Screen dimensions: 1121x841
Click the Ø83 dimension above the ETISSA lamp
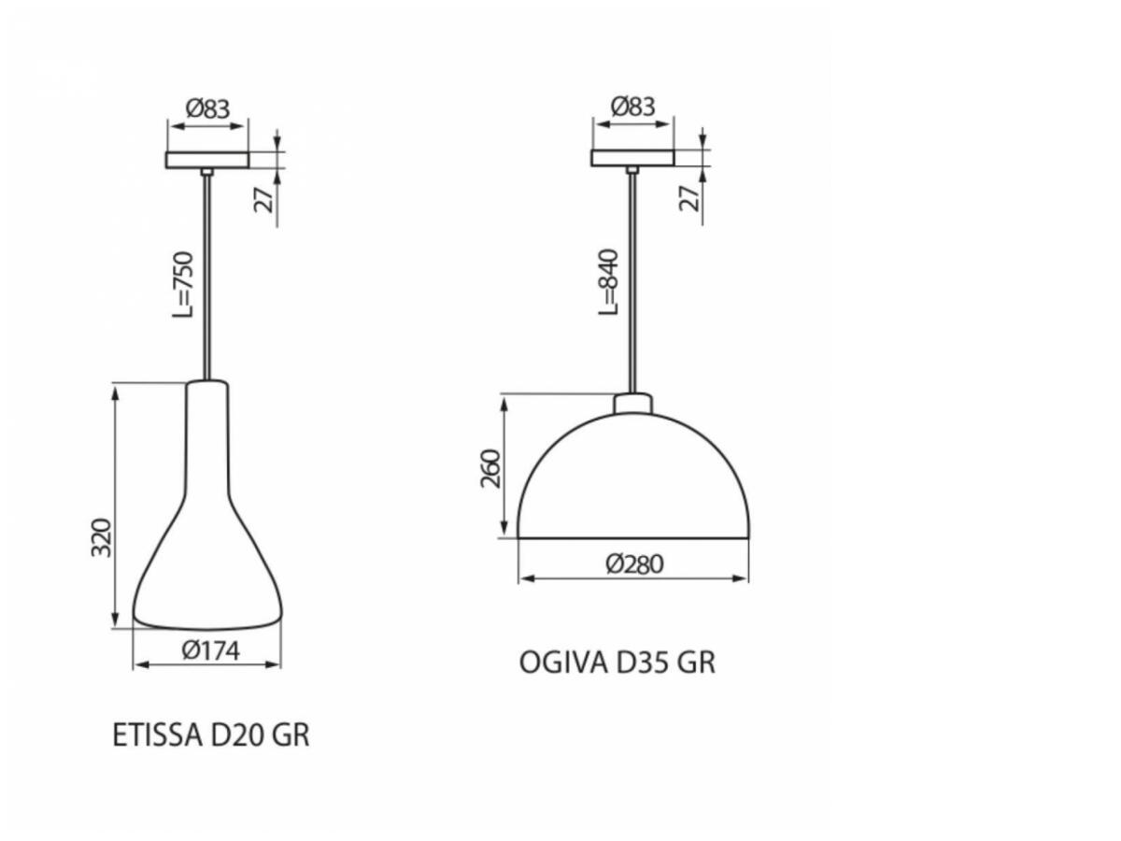click(208, 108)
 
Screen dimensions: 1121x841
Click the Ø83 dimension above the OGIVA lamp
click(632, 107)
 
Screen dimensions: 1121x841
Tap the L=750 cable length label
click(183, 284)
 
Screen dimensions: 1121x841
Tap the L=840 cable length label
click(608, 282)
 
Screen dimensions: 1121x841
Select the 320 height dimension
click(101, 537)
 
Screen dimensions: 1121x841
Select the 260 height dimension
click(491, 468)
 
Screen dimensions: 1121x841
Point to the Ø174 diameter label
click(210, 651)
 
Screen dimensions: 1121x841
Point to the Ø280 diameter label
click(635, 564)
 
